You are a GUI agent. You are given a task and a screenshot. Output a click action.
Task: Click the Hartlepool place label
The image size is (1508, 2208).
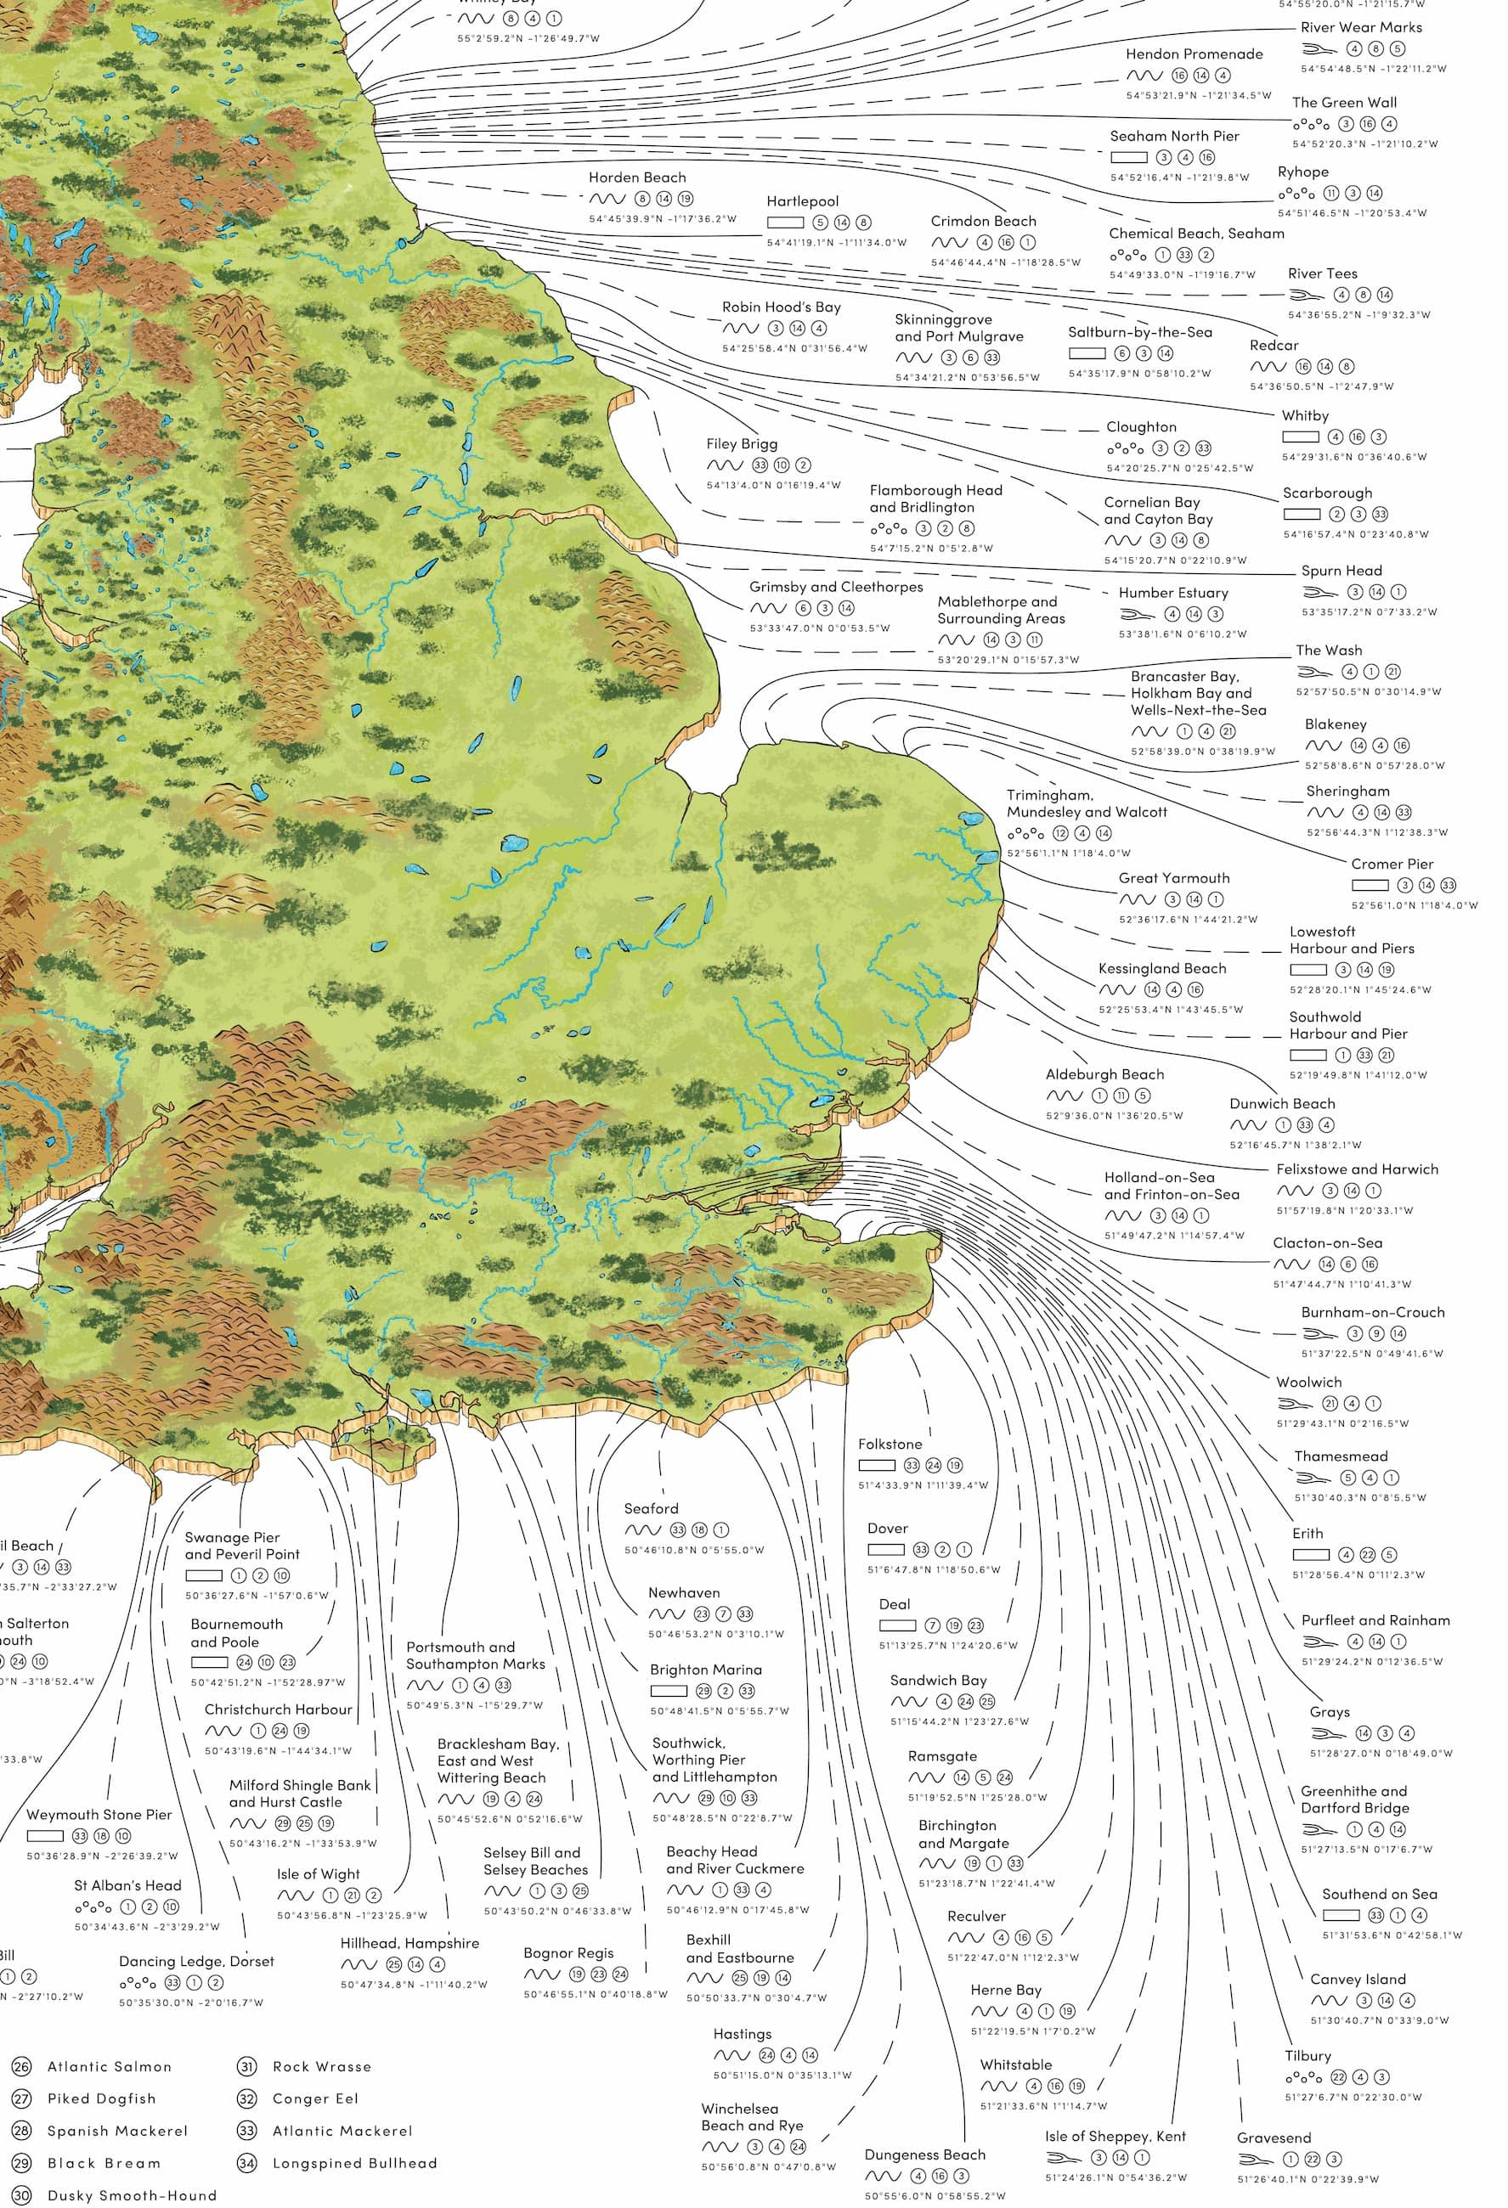click(802, 201)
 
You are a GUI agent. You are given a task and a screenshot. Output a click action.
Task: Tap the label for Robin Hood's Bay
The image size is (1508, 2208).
click(781, 307)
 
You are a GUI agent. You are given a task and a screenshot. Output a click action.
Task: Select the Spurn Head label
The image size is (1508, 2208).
click(1341, 570)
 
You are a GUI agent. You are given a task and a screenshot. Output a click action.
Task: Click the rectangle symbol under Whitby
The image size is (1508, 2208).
click(1300, 437)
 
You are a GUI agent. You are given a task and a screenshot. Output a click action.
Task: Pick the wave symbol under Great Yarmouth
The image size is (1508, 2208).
click(1138, 899)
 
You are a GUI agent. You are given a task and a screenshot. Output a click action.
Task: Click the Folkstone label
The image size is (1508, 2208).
click(890, 1445)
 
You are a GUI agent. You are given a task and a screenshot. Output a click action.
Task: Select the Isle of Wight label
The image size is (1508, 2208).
click(319, 1873)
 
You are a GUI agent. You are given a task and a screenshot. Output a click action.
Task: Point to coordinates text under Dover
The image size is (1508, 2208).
click(933, 1569)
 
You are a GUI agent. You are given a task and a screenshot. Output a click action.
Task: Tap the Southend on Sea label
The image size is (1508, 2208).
click(1379, 1894)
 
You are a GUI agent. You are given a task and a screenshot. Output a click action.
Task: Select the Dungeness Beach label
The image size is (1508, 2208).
click(924, 2154)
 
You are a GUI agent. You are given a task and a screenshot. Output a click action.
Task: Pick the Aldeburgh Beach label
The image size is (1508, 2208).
click(1104, 1074)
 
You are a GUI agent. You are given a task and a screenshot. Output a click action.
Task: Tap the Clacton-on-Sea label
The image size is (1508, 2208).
click(1327, 1242)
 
